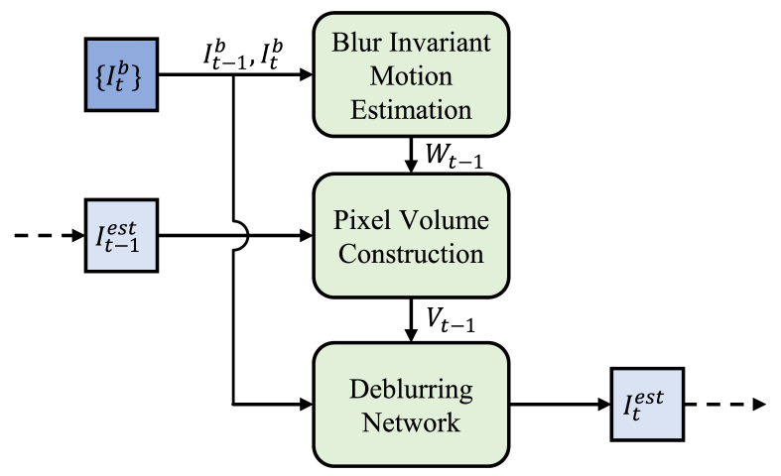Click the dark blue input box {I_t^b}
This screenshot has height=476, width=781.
coord(121,74)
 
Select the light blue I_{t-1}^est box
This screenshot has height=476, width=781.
coord(121,235)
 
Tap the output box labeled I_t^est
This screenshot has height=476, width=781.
coord(647,405)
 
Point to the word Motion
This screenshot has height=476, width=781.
coord(411,76)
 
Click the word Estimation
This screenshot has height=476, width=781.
coord(411,110)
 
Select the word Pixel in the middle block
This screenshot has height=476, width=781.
coord(361,220)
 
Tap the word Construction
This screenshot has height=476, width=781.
coord(411,254)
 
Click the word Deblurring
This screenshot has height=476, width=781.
coord(411,390)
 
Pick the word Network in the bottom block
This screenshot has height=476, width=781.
coord(411,422)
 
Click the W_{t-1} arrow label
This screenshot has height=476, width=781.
coord(454,156)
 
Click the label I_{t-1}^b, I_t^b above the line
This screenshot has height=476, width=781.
coord(243,55)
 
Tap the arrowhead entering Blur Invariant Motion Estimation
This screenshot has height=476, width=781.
coord(306,74)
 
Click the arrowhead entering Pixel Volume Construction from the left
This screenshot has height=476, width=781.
coord(306,235)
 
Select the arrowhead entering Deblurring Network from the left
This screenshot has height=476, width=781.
coord(306,405)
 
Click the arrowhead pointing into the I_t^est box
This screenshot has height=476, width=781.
coord(603,405)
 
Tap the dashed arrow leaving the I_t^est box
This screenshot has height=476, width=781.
coord(725,405)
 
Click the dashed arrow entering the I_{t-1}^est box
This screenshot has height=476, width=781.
coord(50,235)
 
